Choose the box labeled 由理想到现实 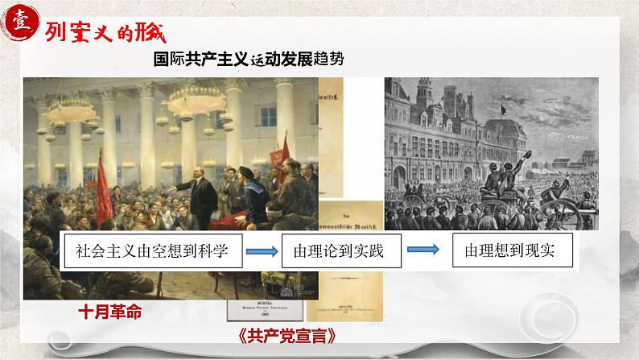(512, 251)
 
